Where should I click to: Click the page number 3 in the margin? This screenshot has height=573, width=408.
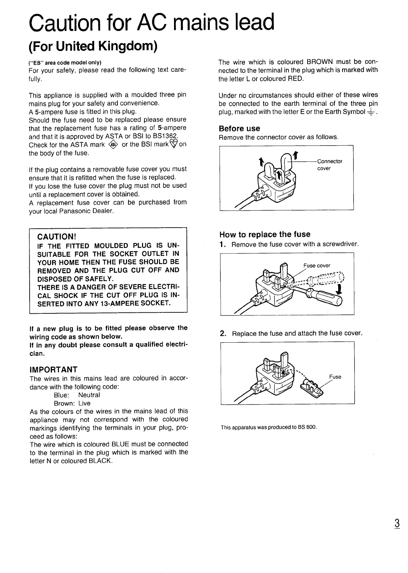(x=397, y=523)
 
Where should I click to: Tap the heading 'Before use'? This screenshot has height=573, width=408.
(x=239, y=129)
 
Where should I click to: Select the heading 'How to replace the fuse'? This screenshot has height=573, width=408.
(x=265, y=234)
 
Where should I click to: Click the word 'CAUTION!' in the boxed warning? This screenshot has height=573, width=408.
(x=56, y=237)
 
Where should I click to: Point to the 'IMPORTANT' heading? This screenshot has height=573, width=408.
(x=53, y=370)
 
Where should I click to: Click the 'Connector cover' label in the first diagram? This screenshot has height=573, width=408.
(x=329, y=165)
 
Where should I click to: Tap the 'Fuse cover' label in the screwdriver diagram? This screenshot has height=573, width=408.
(x=317, y=266)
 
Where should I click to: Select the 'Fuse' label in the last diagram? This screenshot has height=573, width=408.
(x=335, y=377)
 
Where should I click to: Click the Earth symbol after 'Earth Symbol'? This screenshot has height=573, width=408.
(x=371, y=112)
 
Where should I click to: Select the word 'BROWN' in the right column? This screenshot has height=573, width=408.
(x=319, y=62)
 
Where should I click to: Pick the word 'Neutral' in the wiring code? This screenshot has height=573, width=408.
(x=89, y=395)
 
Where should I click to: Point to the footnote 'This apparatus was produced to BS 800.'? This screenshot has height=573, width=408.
(x=268, y=427)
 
